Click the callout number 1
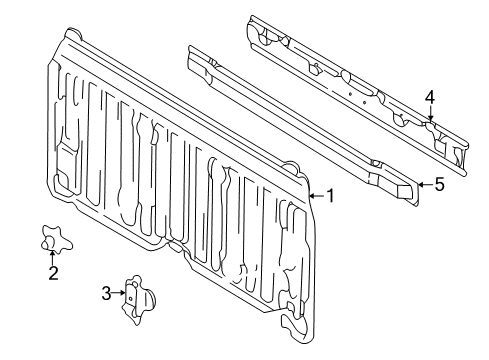[329, 196]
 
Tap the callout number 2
[53, 272]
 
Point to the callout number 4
[429, 97]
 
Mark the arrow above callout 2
[53, 254]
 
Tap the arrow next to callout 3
[122, 293]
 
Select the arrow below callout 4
[430, 115]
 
